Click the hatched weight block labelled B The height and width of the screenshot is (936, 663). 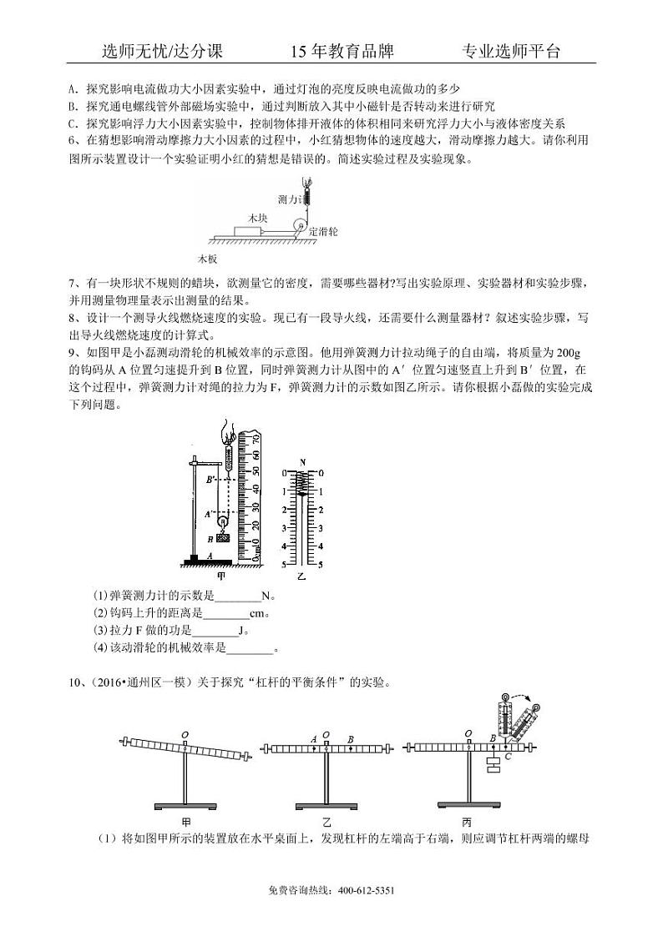click(222, 539)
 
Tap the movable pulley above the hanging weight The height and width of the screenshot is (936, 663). click(223, 521)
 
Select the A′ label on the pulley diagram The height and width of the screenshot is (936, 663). click(210, 515)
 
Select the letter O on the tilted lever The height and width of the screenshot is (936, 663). click(185, 735)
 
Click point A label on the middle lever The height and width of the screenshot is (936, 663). click(313, 738)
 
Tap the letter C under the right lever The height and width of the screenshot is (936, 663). click(507, 756)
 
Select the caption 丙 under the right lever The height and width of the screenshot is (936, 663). click(466, 821)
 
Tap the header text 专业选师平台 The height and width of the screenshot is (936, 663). click(510, 52)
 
